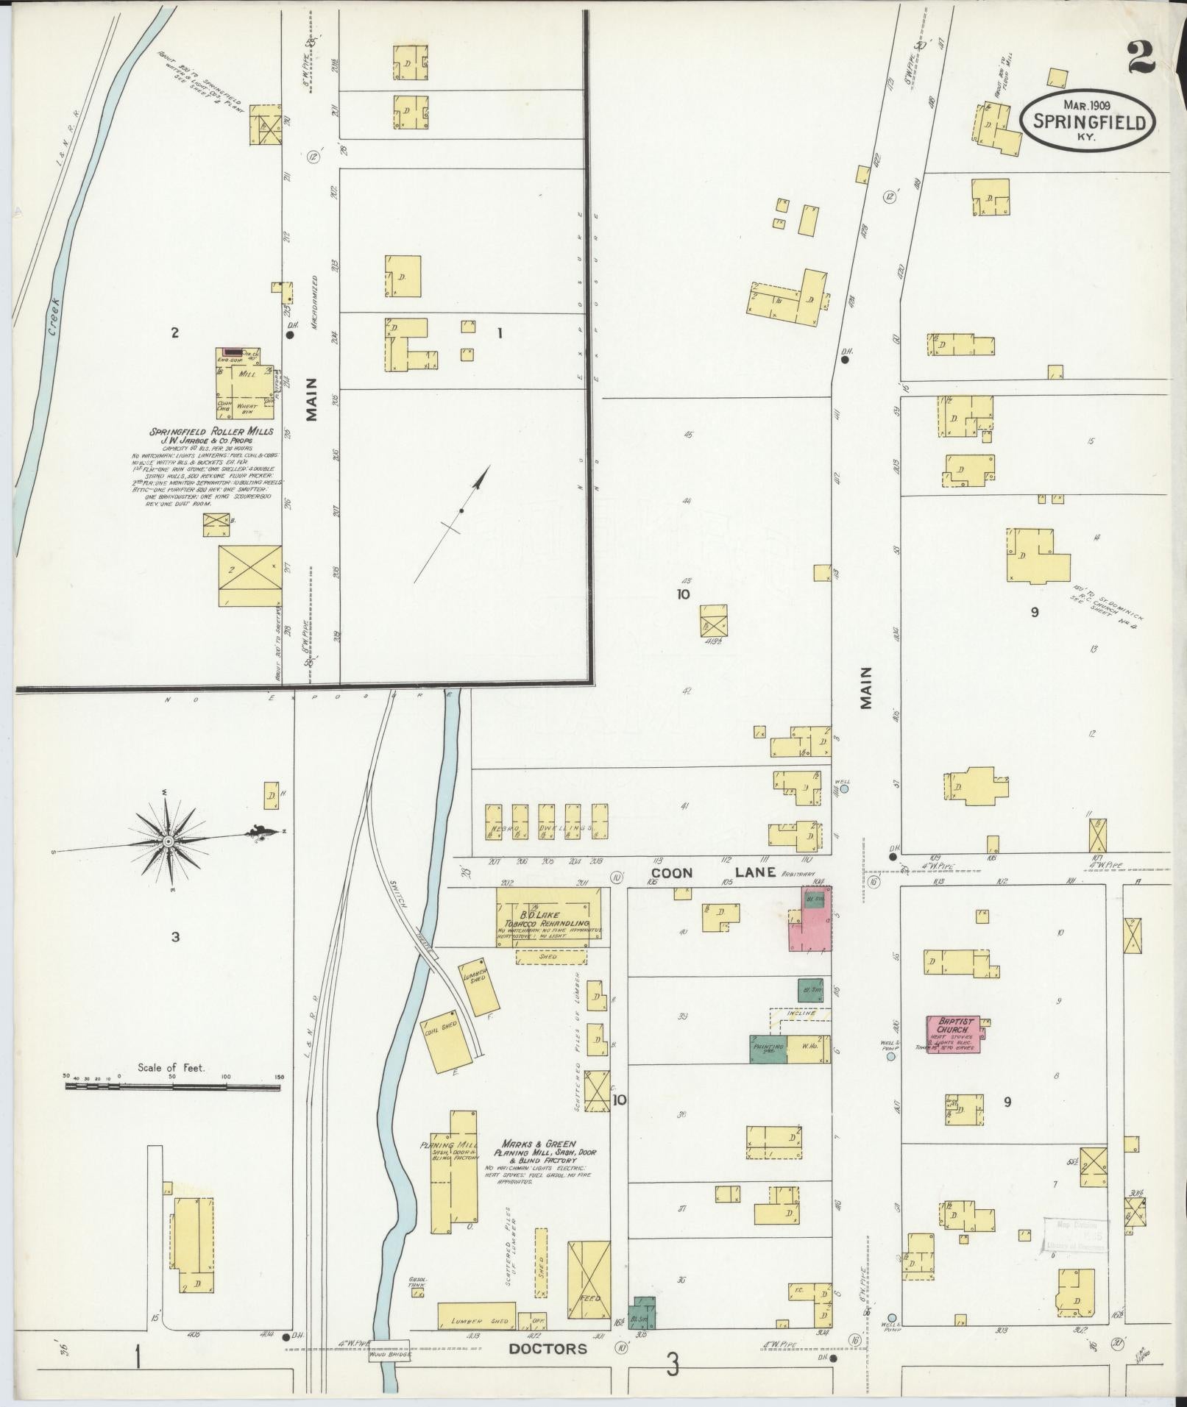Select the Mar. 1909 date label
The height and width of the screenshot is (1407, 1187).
point(1087,105)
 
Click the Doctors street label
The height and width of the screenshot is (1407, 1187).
point(549,1348)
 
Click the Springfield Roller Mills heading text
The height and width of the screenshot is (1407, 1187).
point(212,431)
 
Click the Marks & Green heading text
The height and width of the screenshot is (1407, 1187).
point(541,1165)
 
